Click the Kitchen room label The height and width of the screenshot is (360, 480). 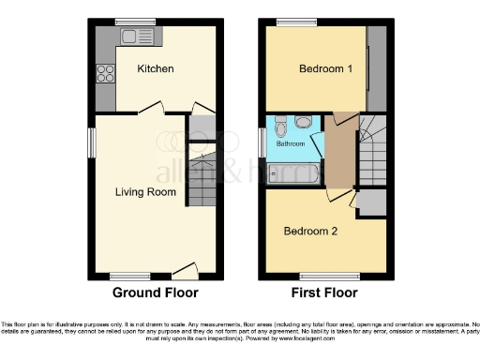click(155, 68)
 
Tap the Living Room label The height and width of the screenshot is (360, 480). click(145, 192)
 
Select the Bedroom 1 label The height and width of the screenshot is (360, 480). click(322, 68)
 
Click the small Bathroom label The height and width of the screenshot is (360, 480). click(290, 144)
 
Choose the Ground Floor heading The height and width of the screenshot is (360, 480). click(156, 292)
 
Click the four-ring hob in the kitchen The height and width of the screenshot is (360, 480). click(105, 74)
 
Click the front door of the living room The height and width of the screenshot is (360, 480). click(185, 274)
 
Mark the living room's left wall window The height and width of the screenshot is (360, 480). click(92, 143)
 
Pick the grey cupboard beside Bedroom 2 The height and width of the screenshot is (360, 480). click(371, 203)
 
